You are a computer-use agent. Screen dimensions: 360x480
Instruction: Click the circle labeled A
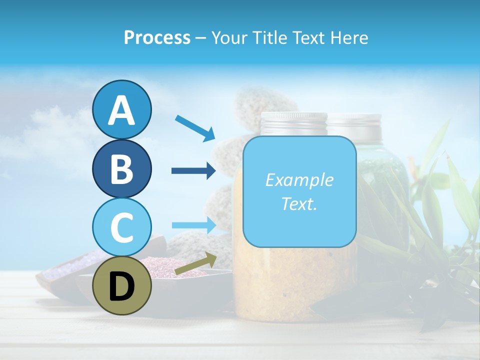point(121,110)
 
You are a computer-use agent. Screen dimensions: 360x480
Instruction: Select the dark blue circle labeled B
point(121,168)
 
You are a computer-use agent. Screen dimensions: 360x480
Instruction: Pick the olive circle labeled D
point(121,286)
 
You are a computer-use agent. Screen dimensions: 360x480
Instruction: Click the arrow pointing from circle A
point(194,128)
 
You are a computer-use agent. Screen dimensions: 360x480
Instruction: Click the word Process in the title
point(157,37)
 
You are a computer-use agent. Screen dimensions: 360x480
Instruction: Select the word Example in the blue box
point(299,180)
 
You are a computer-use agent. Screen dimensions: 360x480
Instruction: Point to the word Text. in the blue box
point(299,204)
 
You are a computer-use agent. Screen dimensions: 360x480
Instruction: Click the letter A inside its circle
point(121,110)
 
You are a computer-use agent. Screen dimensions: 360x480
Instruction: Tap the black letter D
point(121,286)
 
